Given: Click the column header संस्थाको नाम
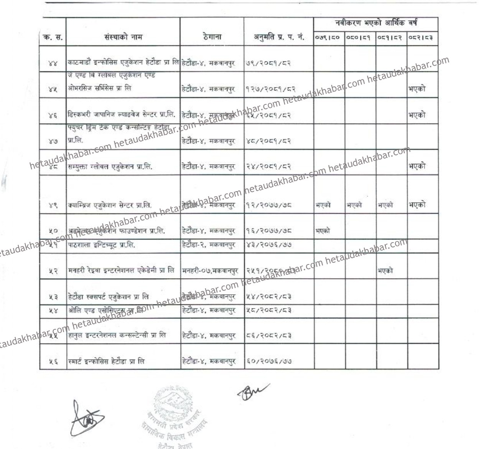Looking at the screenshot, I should [123, 37].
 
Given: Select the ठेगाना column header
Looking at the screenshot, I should [212, 37].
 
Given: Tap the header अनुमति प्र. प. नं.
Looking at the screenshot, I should [278, 38].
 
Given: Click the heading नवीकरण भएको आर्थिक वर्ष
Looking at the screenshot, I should [376, 23].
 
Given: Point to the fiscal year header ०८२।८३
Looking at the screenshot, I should [422, 38].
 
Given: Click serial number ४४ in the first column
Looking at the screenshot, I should [53, 63].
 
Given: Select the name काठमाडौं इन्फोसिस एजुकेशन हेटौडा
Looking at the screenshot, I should [123, 62].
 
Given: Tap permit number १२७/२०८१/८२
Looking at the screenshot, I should [271, 89].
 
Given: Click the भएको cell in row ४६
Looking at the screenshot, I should [417, 115].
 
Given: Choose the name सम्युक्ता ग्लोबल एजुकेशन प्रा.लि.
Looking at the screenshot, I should [110, 167].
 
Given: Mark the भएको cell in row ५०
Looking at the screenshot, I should [323, 231].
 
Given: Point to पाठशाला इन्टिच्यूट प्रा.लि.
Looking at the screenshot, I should [102, 244].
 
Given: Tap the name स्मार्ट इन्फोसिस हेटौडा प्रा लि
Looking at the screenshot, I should [106, 362].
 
